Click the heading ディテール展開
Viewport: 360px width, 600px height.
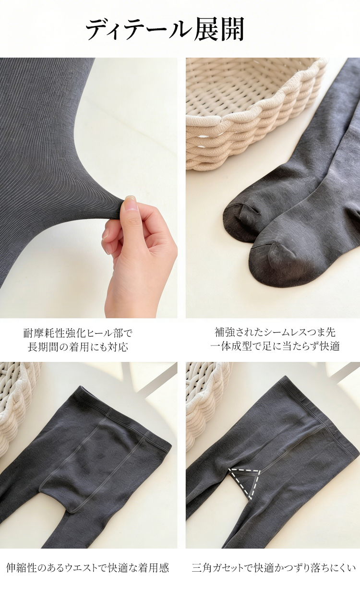tap(165, 29)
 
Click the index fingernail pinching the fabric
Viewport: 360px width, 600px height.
tap(130, 200)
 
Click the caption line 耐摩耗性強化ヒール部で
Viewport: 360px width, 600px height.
tap(78, 334)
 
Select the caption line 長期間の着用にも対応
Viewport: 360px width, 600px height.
tap(78, 347)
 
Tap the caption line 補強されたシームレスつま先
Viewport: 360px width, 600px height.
tap(275, 333)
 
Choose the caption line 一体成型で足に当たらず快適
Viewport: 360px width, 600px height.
tap(275, 346)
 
